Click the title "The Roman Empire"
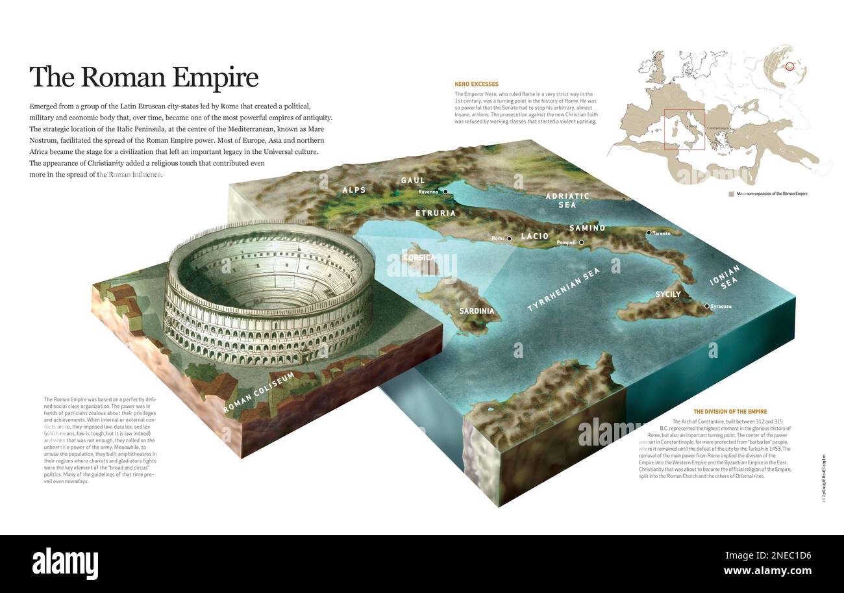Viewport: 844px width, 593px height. pyautogui.click(x=143, y=77)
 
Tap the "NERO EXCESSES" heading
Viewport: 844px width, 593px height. pyautogui.click(x=477, y=84)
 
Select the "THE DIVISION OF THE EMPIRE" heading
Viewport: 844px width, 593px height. pyautogui.click(x=730, y=412)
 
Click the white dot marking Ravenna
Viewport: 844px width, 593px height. pyautogui.click(x=445, y=192)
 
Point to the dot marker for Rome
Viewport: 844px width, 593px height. pyautogui.click(x=509, y=238)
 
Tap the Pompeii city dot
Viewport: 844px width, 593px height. pyautogui.click(x=581, y=242)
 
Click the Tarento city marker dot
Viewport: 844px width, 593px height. pyautogui.click(x=648, y=233)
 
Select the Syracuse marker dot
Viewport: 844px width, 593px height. pyautogui.click(x=706, y=306)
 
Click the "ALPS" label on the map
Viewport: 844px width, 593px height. pyautogui.click(x=354, y=190)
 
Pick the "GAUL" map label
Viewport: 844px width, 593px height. pyautogui.click(x=413, y=180)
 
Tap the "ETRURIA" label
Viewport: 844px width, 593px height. pyautogui.click(x=436, y=212)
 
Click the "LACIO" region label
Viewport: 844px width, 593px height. pyautogui.click(x=535, y=236)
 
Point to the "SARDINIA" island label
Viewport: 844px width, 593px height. pyautogui.click(x=477, y=310)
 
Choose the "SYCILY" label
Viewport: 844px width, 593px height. pyautogui.click(x=667, y=294)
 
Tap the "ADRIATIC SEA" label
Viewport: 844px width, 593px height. pyautogui.click(x=567, y=200)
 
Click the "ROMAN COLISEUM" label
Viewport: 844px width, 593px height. pyautogui.click(x=258, y=392)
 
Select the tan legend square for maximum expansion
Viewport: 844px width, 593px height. pyautogui.click(x=731, y=194)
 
